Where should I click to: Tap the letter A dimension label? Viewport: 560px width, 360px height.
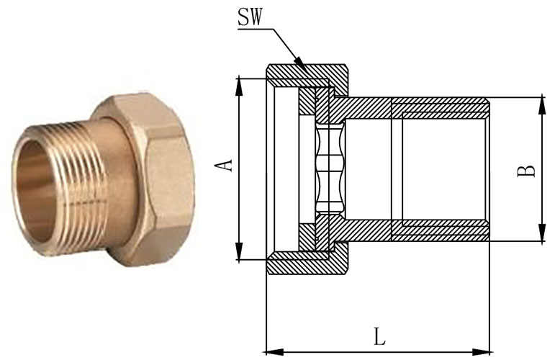(x=226, y=164)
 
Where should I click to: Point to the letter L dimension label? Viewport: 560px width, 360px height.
(x=379, y=336)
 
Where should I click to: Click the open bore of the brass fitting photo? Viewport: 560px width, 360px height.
(x=32, y=188)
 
